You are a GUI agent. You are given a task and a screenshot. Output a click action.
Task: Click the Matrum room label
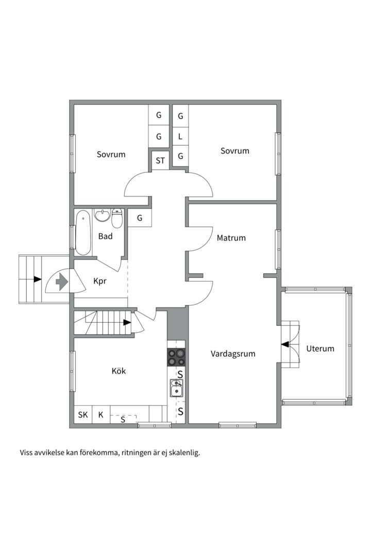[231, 238]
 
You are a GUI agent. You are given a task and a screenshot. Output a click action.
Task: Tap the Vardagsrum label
[233, 354]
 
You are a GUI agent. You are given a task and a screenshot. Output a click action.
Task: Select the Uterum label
[320, 349]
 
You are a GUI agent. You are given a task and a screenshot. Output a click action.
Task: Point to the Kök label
[119, 371]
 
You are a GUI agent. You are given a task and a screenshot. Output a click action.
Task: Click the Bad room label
[106, 236]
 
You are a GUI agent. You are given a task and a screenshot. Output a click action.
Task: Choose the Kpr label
[100, 282]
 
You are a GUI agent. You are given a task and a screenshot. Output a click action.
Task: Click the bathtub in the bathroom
[83, 233]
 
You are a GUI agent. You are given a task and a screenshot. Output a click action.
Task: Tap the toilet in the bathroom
[117, 219]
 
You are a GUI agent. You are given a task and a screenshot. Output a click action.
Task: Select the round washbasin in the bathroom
[103, 216]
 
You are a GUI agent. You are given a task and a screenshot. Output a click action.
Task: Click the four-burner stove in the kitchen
[176, 357]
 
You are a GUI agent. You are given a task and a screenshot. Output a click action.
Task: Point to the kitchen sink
[176, 388]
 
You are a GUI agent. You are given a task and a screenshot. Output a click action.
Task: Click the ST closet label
[160, 160]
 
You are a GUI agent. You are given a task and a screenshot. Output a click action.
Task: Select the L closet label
[180, 136]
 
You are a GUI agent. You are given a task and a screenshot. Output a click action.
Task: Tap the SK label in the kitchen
[83, 415]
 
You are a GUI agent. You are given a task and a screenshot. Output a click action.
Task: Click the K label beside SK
[101, 415]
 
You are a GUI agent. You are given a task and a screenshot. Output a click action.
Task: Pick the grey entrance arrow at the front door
[62, 283]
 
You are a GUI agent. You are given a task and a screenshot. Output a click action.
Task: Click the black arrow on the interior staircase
[127, 322]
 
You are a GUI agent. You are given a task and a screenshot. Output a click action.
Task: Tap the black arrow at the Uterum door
[285, 344]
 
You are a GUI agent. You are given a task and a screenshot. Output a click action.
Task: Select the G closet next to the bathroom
[140, 218]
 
